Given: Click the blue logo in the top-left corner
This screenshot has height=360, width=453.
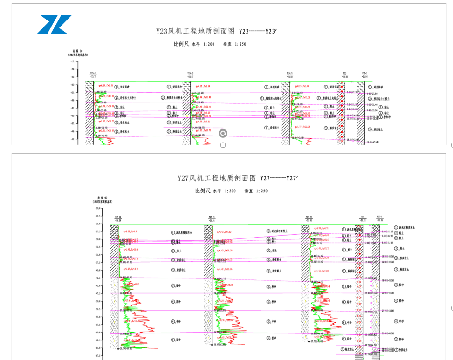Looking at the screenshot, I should [x=54, y=25].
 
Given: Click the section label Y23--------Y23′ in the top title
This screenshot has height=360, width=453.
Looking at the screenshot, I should [x=265, y=32].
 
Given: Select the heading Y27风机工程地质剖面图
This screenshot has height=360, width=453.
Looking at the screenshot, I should [x=217, y=178].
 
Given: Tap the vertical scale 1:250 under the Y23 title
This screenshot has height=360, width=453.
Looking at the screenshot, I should [x=240, y=45].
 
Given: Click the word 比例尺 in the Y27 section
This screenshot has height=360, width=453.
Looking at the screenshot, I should [x=203, y=190].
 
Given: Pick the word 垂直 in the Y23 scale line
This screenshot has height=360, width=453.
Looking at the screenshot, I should [x=227, y=45].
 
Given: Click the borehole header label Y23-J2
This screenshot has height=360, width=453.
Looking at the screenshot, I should [x=93, y=73].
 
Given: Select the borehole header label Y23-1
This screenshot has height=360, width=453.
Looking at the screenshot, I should [x=364, y=73].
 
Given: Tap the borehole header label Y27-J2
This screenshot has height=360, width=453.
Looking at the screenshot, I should [x=118, y=217].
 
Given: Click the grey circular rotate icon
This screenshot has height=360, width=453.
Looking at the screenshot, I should [x=223, y=134].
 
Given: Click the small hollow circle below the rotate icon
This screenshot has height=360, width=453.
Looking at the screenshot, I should [x=223, y=145].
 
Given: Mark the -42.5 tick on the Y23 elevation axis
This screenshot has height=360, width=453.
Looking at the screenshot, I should [x=73, y=139].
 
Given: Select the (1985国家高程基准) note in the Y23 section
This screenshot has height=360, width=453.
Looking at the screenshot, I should [x=77, y=54].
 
